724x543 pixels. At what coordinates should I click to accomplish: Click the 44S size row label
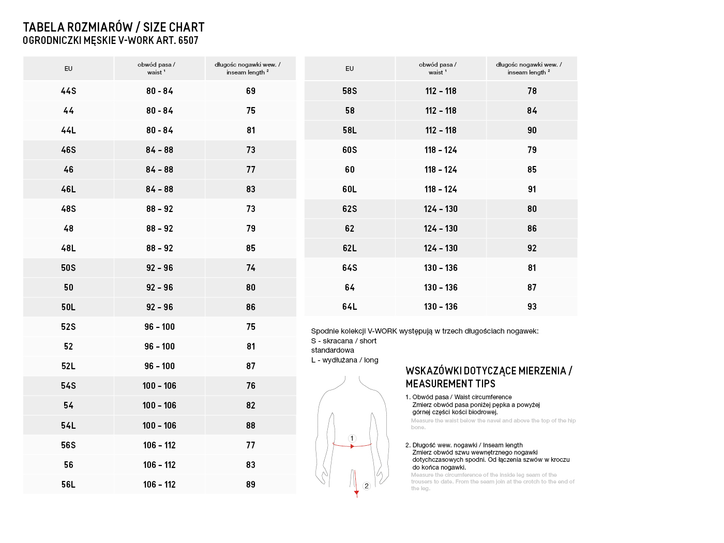(68, 91)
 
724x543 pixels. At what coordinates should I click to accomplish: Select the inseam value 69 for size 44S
(251, 91)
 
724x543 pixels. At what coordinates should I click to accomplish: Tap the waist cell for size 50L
(159, 307)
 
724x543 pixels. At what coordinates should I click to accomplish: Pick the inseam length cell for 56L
(251, 485)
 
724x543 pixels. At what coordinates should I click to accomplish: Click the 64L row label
(350, 307)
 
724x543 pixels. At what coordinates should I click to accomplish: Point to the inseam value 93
(532, 307)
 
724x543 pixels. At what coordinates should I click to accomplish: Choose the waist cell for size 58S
(441, 91)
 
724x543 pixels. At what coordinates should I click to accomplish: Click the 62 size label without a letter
(350, 229)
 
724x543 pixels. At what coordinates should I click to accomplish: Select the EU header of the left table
(68, 69)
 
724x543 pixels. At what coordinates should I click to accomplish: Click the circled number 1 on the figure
(352, 439)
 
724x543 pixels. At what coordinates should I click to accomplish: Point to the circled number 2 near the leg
(367, 486)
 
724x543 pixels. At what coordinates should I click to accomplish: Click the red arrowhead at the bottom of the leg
(356, 494)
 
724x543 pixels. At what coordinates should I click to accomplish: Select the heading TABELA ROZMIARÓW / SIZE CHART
(114, 27)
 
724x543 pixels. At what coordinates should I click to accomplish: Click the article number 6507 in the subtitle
(188, 40)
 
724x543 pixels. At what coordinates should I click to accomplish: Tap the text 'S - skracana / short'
(344, 341)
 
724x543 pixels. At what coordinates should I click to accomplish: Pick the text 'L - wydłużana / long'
(345, 360)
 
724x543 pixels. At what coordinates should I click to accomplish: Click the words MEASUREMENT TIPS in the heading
(450, 384)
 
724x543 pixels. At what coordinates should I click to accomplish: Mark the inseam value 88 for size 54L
(251, 426)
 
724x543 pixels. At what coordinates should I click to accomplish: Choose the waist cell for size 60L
(441, 189)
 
